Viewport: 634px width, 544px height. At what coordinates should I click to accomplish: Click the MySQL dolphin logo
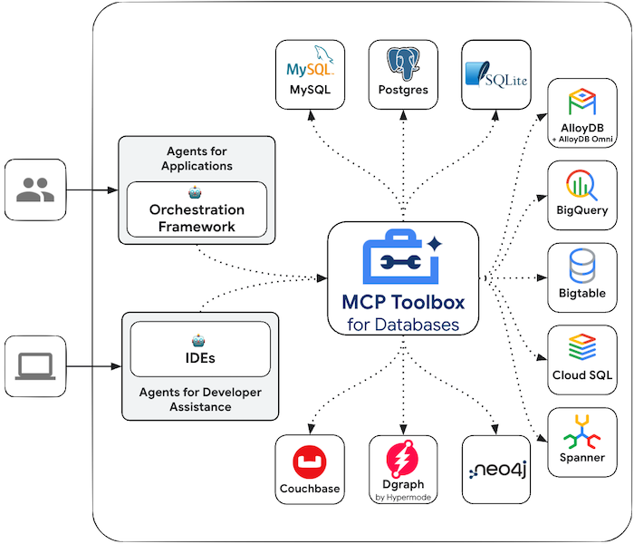click(x=310, y=63)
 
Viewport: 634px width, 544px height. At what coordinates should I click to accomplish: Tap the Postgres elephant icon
click(x=403, y=63)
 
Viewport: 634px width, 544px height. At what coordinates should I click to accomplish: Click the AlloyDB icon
click(x=580, y=102)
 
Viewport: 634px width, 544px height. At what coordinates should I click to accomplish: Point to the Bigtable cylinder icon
click(x=580, y=267)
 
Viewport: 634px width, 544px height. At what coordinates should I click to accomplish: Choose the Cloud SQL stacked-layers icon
click(x=580, y=348)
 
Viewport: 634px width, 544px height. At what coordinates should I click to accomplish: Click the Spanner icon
click(x=580, y=431)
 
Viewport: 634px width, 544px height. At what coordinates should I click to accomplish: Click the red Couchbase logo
click(x=310, y=463)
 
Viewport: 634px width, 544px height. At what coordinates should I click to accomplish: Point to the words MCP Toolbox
click(x=402, y=302)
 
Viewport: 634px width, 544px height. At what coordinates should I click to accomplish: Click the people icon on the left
click(x=35, y=190)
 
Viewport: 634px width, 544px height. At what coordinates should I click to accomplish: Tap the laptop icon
click(x=35, y=366)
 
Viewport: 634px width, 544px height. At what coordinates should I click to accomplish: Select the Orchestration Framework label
click(x=197, y=218)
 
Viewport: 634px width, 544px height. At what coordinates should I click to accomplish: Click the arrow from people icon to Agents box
click(x=92, y=190)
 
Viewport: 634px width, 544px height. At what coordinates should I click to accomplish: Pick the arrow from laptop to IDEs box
click(x=94, y=367)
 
